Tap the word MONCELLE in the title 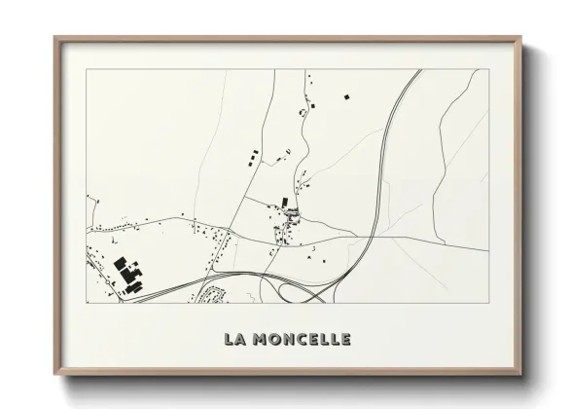pyautogui.click(x=301, y=339)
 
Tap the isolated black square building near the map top pyautogui.click(x=344, y=96)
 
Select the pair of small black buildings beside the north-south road pyautogui.click(x=254, y=155)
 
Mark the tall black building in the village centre pyautogui.click(x=285, y=202)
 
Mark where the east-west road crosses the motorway pyautogui.click(x=370, y=237)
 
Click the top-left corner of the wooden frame pyautogui.click(x=54, y=37)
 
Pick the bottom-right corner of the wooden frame pyautogui.click(x=522, y=373)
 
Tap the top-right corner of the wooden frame pyautogui.click(x=522, y=37)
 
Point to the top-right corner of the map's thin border pyautogui.click(x=488, y=69)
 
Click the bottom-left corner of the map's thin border pyautogui.click(x=87, y=302)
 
